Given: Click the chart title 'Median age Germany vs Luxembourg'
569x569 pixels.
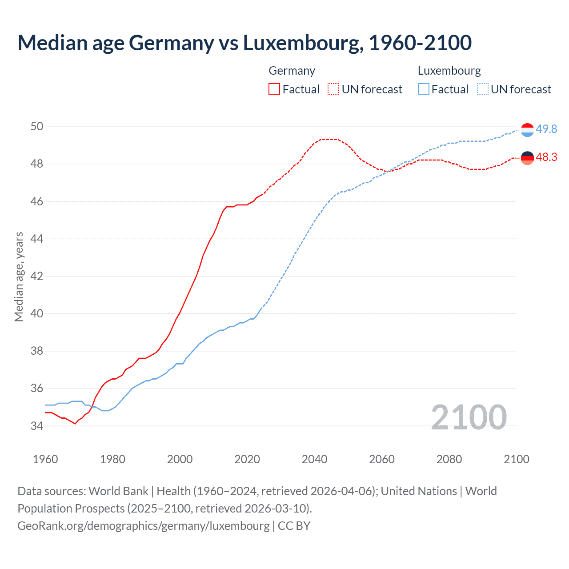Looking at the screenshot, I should click(244, 43).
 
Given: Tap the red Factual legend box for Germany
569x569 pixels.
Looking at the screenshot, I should click(274, 89).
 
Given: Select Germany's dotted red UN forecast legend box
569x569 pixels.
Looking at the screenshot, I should click(333, 89).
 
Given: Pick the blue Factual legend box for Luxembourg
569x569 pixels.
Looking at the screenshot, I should click(424, 89).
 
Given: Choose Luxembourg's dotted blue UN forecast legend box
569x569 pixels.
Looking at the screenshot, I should click(483, 89).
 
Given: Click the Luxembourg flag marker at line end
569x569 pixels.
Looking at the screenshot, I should click(527, 130).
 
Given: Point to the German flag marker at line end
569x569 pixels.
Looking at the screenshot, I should click(527, 158).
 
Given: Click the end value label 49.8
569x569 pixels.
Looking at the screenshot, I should click(546, 129).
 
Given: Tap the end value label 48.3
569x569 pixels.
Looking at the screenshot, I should click(546, 157).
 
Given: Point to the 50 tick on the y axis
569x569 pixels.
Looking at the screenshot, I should click(37, 127).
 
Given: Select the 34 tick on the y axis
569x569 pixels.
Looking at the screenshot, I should click(37, 426).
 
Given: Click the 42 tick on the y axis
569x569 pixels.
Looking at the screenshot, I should click(37, 276).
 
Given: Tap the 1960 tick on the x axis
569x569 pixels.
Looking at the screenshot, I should click(45, 459).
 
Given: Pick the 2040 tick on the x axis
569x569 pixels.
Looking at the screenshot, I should click(314, 459).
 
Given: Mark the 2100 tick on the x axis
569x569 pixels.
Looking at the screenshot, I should click(516, 459).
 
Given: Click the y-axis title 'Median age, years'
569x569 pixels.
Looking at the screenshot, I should click(19, 276).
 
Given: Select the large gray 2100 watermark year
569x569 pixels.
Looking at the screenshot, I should click(469, 417).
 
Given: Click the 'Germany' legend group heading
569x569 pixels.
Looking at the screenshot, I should click(292, 71).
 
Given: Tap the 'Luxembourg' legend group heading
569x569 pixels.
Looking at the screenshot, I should click(449, 71).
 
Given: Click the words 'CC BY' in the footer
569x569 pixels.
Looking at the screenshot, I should click(294, 526).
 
